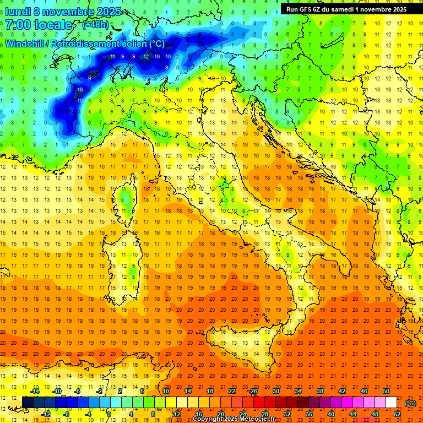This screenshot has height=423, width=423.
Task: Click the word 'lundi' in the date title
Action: tap(18, 11)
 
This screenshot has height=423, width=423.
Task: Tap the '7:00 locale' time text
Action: tap(39, 25)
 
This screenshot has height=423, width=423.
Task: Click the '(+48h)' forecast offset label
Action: tap(95, 25)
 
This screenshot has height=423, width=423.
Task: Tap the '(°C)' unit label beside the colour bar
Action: tap(410, 403)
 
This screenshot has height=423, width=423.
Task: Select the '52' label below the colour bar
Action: tap(397, 414)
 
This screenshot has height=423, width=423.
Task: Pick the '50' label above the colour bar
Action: tap(386, 391)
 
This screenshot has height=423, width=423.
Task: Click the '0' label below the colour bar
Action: tap(109, 414)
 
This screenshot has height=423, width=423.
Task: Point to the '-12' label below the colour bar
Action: tap(46, 414)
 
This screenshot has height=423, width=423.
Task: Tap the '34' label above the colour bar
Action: tap(297, 391)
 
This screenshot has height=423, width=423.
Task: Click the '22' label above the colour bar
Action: tap(231, 391)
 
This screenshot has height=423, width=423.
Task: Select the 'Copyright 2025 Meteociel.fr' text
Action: tap(234, 419)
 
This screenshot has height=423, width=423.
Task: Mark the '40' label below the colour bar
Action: tap(331, 414)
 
